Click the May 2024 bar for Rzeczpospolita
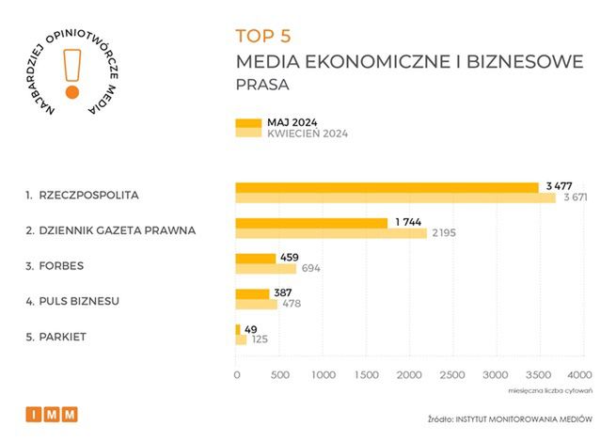(386, 187)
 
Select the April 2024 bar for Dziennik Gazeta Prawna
(330, 233)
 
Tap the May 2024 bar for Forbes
(255, 258)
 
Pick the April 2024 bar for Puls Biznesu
(256, 304)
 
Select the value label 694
(312, 269)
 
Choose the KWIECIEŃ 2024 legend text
(308, 134)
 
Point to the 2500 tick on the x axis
(452, 374)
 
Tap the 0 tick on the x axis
(236, 374)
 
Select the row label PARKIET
(58, 336)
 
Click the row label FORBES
(56, 265)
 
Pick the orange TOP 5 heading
(263, 37)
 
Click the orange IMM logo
(52, 414)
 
